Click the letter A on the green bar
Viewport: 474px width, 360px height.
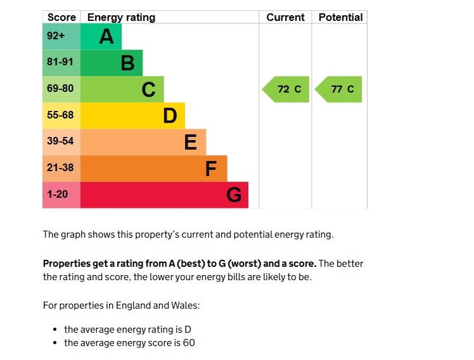(x=106, y=37)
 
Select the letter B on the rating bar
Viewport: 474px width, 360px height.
(x=127, y=63)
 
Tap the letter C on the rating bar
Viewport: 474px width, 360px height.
(x=148, y=90)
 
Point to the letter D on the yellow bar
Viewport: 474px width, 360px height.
(x=169, y=116)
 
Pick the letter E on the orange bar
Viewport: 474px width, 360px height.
(x=190, y=143)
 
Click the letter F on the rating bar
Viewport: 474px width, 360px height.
(x=211, y=169)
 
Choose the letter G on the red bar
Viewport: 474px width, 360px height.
(x=233, y=195)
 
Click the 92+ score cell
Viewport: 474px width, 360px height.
(x=56, y=36)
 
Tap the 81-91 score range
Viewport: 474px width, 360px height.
(x=60, y=63)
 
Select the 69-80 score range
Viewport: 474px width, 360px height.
(x=60, y=89)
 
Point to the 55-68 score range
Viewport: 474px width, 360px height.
(x=60, y=115)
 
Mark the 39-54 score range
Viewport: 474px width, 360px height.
(x=60, y=141)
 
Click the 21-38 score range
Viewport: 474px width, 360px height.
(x=60, y=168)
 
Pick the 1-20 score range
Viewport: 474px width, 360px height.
(x=57, y=195)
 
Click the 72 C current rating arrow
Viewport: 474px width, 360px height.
(x=287, y=89)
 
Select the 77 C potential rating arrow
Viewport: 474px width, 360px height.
(x=340, y=89)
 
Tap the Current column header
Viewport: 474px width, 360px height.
(x=285, y=17)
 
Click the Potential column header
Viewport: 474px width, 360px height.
(x=340, y=17)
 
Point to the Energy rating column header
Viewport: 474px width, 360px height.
(x=121, y=17)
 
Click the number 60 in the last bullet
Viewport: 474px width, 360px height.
(x=188, y=343)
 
